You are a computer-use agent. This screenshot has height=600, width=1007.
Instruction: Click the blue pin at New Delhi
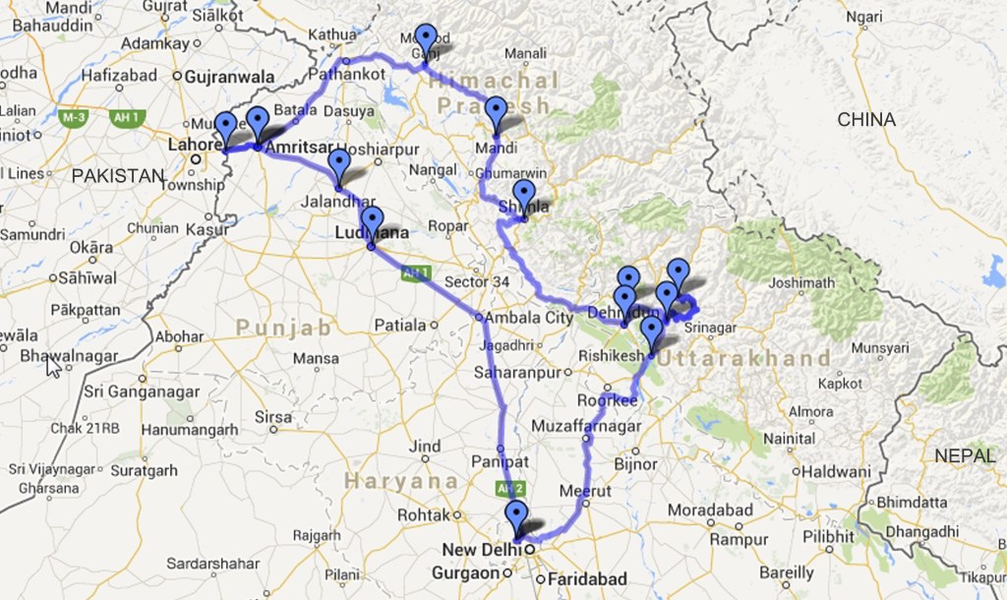click(515, 514)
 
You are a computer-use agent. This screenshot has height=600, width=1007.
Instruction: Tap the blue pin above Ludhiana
click(372, 220)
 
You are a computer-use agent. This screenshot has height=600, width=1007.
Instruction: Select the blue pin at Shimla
click(524, 194)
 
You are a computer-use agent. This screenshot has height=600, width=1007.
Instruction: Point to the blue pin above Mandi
click(496, 110)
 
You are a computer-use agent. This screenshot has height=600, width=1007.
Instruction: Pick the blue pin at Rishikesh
click(651, 330)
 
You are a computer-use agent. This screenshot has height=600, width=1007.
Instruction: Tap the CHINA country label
click(866, 120)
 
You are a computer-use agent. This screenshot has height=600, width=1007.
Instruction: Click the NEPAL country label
click(964, 455)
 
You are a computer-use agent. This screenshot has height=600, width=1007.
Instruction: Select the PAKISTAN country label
click(118, 176)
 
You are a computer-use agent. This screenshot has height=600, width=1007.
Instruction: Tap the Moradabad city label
click(709, 510)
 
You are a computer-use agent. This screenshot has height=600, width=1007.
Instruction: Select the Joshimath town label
click(802, 282)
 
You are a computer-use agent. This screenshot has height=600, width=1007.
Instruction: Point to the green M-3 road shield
click(72, 117)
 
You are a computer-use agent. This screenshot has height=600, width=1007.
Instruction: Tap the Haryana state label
click(402, 481)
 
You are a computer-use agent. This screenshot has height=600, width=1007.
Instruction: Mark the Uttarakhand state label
click(744, 357)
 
